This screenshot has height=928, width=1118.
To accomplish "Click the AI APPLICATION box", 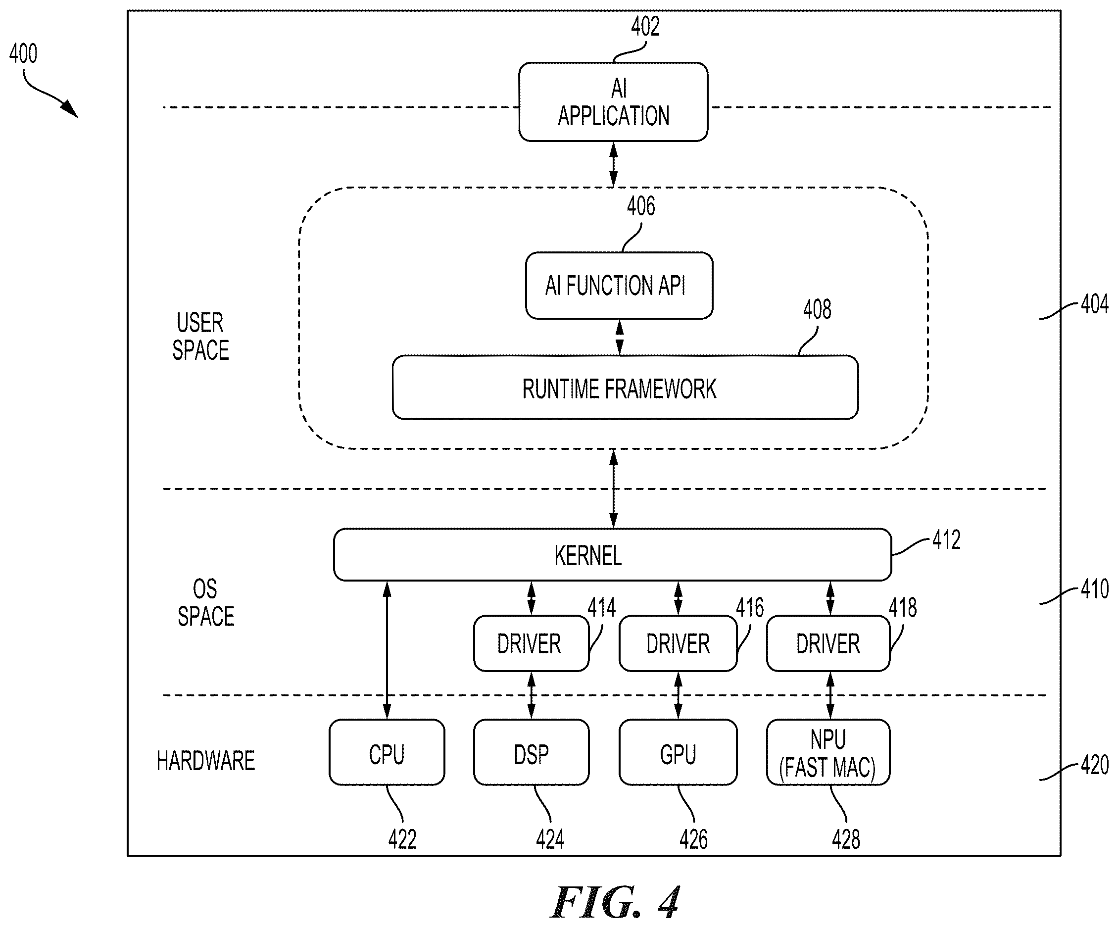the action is pos(613,101).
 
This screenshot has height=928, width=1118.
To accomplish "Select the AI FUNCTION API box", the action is pos(619,286).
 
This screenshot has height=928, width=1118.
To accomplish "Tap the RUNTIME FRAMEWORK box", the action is pos(625,388).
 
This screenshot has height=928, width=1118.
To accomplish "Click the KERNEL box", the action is pos(612,554).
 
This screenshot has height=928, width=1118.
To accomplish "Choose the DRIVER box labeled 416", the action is pos(678,643).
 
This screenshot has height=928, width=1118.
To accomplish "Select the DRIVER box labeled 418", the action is pos(828,643).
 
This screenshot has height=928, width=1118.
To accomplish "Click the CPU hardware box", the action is pos(387,752).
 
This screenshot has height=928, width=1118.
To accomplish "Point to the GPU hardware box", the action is pos(678,752).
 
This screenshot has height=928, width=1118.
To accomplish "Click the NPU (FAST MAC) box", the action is pos(828,752).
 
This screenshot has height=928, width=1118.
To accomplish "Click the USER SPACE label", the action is pos(201,337).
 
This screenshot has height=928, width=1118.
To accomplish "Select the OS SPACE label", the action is pos(206,603).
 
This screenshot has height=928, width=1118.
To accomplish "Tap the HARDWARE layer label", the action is pos(205,760).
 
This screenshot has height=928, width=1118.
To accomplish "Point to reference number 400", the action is pos(23,54).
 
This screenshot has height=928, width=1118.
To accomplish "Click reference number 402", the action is pos(645,27).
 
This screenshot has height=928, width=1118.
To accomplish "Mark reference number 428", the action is pos(846,839).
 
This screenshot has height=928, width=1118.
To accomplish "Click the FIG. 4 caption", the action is pos(616,903).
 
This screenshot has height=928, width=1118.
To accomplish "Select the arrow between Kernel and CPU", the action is pos(387,650).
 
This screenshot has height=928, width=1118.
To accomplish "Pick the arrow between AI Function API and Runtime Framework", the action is pos(619,337).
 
